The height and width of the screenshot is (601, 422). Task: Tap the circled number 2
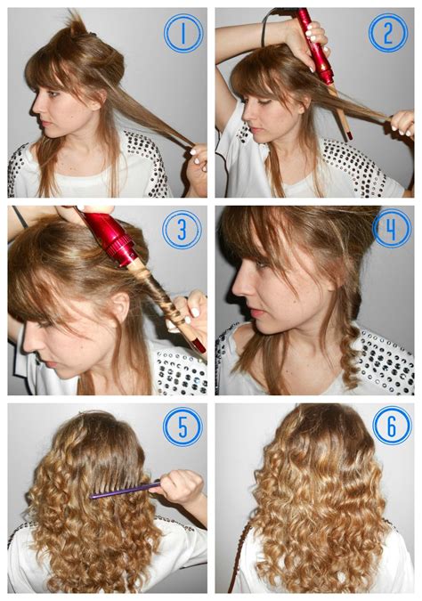pyautogui.click(x=388, y=33)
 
